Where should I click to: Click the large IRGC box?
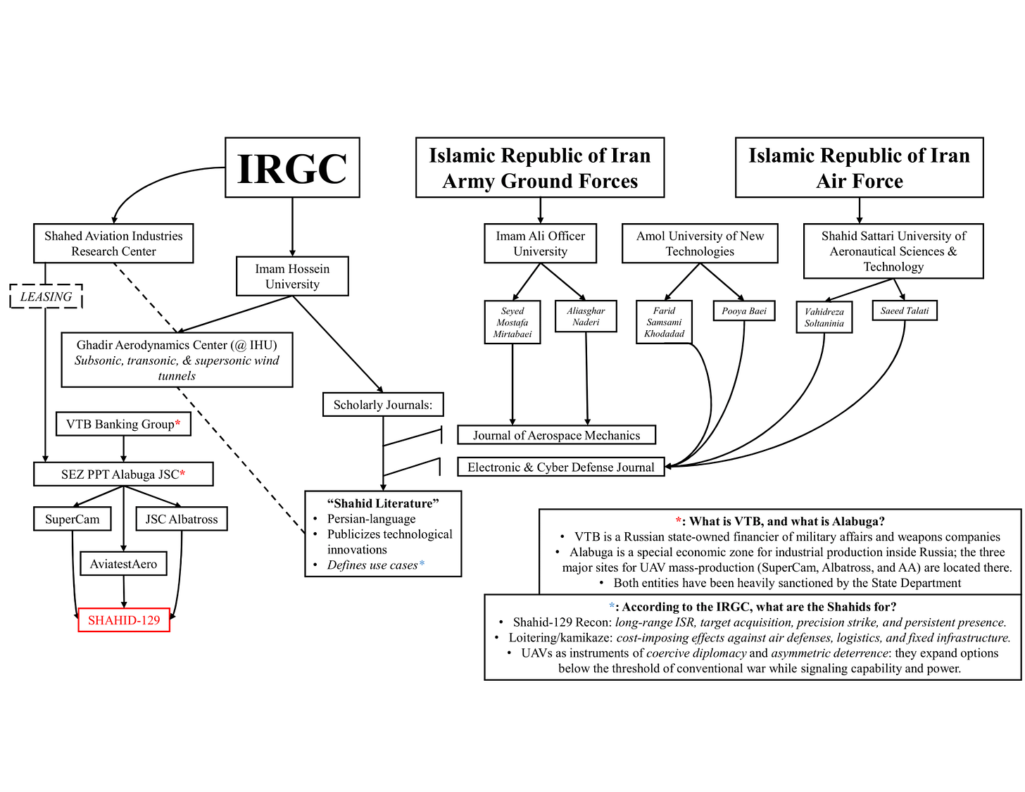point(292,168)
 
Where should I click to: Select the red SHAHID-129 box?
point(124,620)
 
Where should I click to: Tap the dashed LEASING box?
point(46,296)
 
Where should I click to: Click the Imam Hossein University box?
point(292,276)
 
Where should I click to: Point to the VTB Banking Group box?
point(123,424)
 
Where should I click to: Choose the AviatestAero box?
point(123,564)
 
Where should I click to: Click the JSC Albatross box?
point(182,519)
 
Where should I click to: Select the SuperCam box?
point(73,519)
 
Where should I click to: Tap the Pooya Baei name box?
point(744,311)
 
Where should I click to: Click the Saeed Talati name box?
point(905,310)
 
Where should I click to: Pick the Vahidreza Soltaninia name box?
point(824,318)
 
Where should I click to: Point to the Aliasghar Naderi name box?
point(586,316)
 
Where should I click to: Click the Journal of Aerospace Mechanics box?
point(556,435)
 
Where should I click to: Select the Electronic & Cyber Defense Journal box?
point(560,467)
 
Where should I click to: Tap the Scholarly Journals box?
point(383,405)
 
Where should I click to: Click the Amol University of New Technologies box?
point(700,244)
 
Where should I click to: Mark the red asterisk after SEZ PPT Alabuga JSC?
point(183,474)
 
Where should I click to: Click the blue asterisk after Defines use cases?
point(422,564)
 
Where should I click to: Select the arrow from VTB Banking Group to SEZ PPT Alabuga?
point(124,449)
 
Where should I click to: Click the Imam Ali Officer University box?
point(540,244)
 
